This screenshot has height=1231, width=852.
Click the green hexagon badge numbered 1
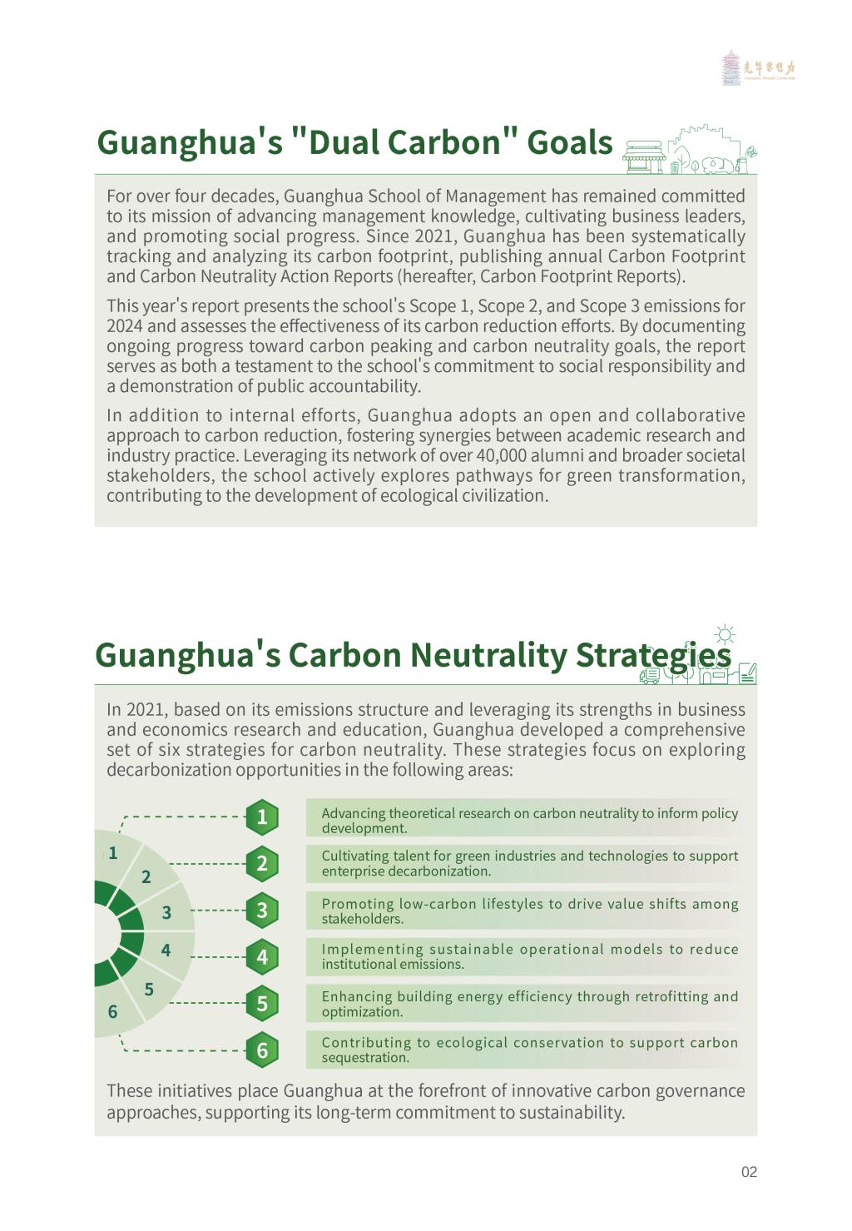pos(262,817)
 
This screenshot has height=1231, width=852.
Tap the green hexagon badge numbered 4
pos(262,956)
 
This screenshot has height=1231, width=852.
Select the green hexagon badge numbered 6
pos(262,1050)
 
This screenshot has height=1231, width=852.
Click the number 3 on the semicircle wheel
pos(166,912)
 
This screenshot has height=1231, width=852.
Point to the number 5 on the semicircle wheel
pos(149,989)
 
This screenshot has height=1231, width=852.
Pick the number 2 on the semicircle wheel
pos(146,876)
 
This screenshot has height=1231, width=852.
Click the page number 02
pos(749,1172)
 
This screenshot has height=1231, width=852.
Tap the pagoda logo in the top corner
pos(731,67)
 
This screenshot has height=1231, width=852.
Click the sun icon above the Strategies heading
pos(726,635)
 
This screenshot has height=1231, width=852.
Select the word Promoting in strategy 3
pos(356,904)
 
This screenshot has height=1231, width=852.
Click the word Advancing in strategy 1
pos(353,813)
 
